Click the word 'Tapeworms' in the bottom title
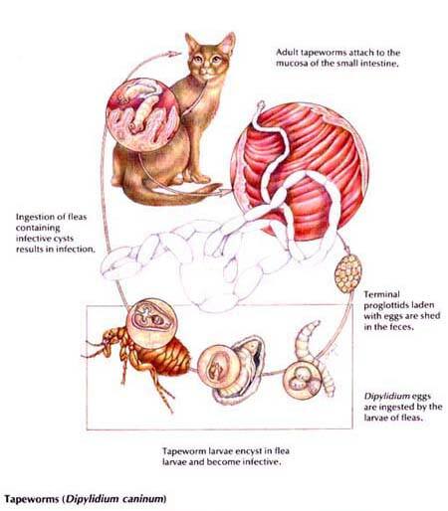pyautogui.click(x=32, y=499)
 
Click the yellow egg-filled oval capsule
pyautogui.click(x=347, y=273)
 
